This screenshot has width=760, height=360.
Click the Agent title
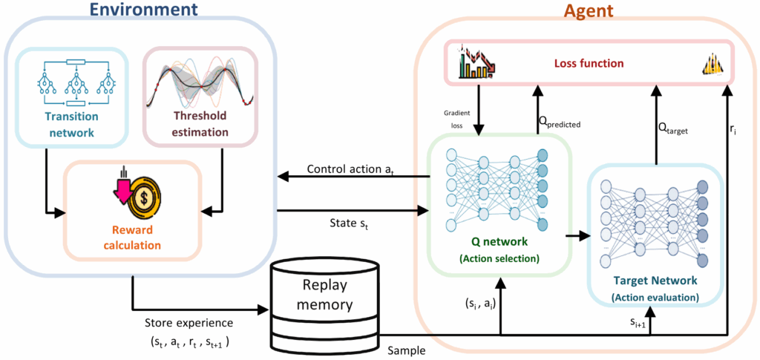(x=587, y=12)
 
